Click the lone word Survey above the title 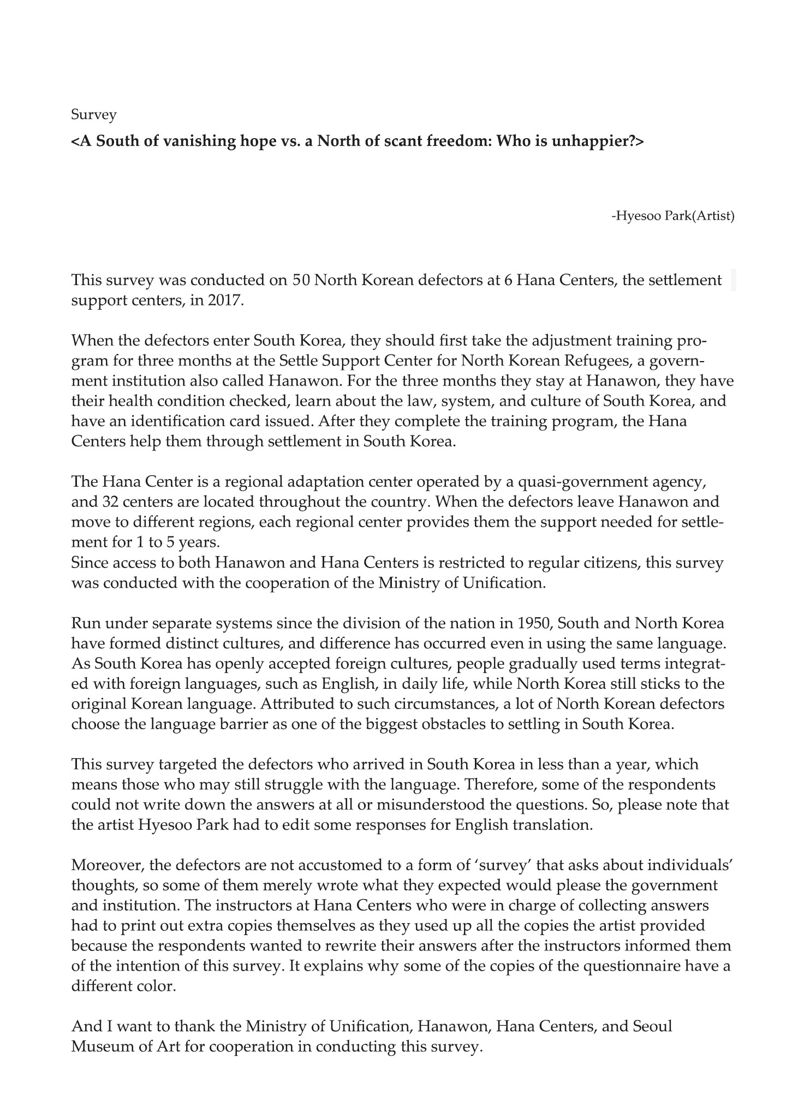tap(94, 115)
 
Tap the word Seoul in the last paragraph tap(652, 1026)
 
